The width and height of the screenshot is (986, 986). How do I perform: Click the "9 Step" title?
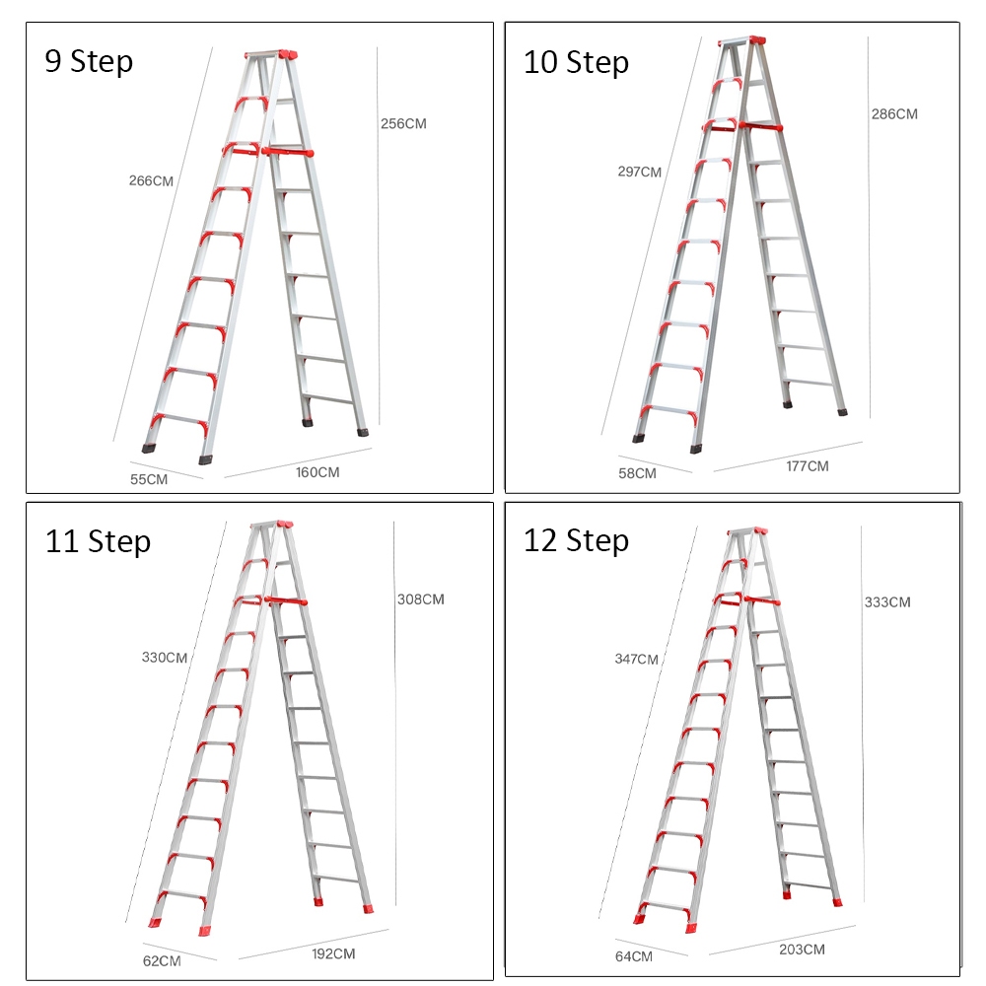89,61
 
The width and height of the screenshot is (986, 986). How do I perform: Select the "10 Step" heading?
576,62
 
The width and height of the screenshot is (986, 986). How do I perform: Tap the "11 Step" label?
98,541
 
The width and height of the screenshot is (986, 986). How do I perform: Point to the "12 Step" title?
576,541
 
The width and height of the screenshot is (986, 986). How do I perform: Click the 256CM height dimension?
403,124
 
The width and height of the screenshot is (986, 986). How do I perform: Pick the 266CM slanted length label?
151,180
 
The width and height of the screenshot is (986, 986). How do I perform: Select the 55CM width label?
149,479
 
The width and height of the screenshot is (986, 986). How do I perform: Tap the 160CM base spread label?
317,472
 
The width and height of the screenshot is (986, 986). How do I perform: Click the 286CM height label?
893,114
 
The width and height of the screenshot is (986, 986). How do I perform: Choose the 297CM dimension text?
639,172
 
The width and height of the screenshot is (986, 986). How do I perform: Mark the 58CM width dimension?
637,473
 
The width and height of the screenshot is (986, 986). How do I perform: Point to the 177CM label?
808,465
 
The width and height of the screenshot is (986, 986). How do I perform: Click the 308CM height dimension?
420,599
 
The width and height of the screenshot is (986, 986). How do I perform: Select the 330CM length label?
164,658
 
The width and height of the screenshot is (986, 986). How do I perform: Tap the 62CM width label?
161,960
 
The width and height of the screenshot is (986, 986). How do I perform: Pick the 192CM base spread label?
333,953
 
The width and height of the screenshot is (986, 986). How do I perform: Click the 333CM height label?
886,601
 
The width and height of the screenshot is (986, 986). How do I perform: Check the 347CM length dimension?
635,659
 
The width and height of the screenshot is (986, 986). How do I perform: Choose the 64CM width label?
634,956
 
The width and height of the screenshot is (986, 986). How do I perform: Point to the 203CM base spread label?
802,950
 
